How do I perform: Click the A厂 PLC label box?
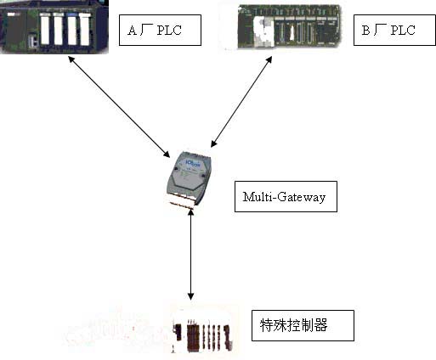[x=160, y=31]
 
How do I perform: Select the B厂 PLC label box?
[x=394, y=31]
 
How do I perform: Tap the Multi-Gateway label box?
[x=286, y=196]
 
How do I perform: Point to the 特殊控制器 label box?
[x=303, y=325]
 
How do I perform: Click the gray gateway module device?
[x=189, y=180]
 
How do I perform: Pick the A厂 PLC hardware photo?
[x=54, y=27]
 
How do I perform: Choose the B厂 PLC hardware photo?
[x=288, y=27]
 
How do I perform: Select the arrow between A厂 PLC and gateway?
[x=119, y=106]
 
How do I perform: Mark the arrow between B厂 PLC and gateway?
[x=241, y=102]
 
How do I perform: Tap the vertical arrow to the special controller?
[x=191, y=255]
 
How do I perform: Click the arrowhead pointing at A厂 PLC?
[x=71, y=59]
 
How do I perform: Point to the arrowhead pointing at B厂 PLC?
[x=269, y=60]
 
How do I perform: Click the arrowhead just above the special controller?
[x=191, y=296]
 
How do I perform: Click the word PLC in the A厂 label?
[x=169, y=31]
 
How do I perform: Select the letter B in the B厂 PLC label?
[x=365, y=31]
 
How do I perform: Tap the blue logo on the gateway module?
[x=192, y=163]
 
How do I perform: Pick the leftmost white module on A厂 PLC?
[x=45, y=29]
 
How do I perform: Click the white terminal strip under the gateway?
[x=181, y=201]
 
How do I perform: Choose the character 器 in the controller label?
[x=321, y=325]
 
